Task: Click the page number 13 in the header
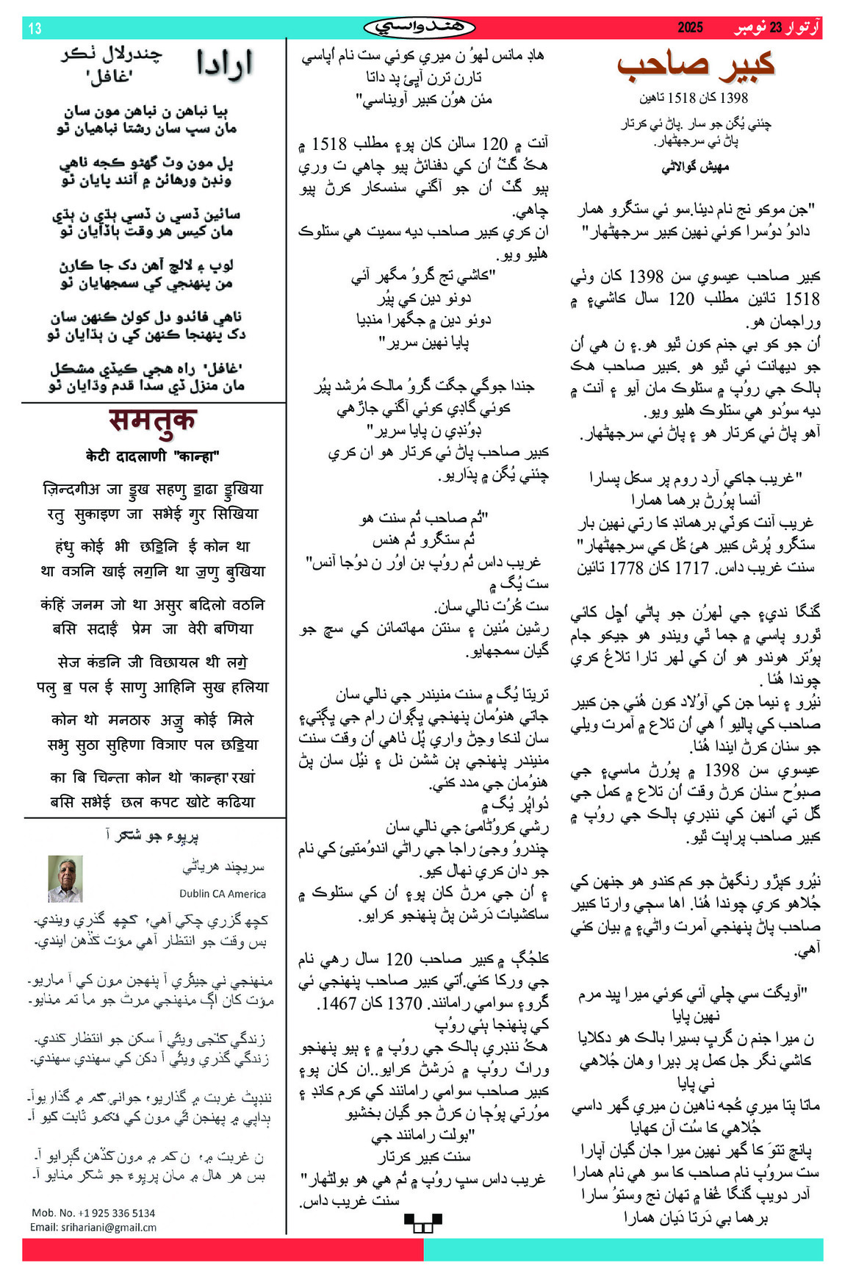tap(35, 29)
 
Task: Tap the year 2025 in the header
tap(690, 28)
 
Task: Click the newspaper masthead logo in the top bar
tap(420, 28)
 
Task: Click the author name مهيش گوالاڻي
tap(695, 167)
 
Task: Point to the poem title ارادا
tap(224, 64)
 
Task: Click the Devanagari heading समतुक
tap(153, 420)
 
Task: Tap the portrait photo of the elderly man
tap(65, 878)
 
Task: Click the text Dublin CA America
tap(223, 894)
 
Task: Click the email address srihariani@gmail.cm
tap(93, 1227)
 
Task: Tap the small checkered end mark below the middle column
tap(423, 1222)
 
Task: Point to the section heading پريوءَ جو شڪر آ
tap(152, 835)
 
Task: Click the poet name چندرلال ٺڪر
tap(112, 54)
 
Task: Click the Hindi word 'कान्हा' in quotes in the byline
tap(197, 456)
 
